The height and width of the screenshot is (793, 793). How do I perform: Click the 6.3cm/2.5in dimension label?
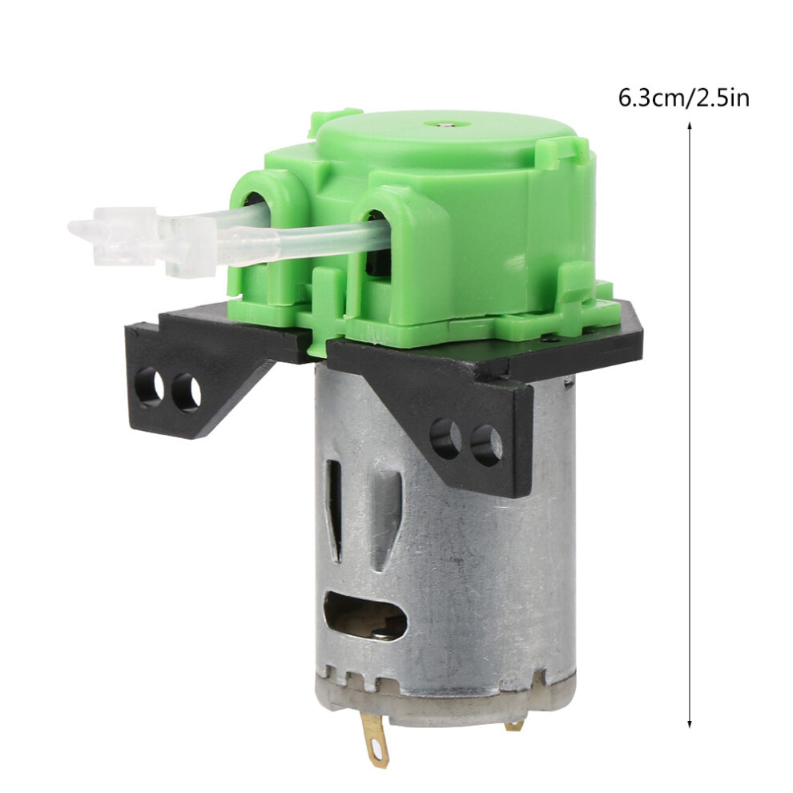point(683,98)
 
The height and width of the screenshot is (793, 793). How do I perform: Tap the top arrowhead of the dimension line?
point(689,126)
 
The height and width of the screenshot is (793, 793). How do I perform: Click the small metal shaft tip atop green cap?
point(445,123)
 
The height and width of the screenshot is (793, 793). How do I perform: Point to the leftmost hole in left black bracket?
point(153,388)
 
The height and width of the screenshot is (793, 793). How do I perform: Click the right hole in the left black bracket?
point(187,391)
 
